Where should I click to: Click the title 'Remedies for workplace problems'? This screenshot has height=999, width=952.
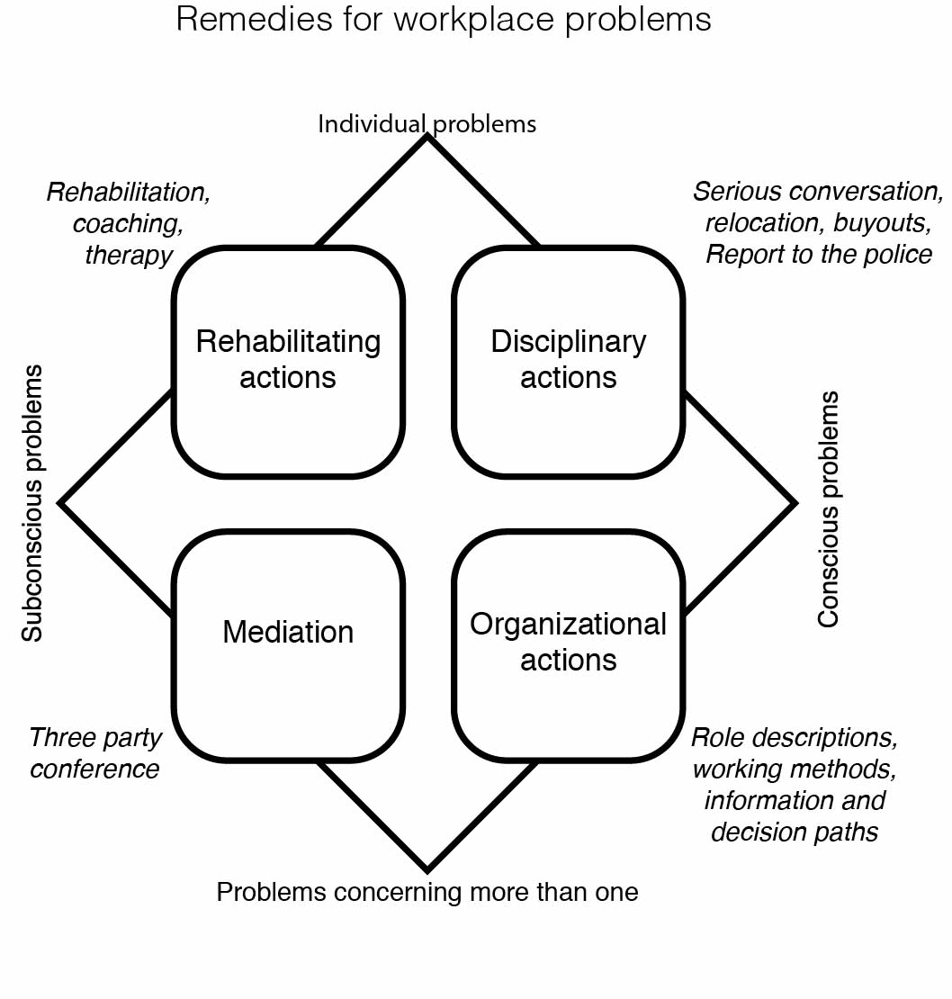(444, 20)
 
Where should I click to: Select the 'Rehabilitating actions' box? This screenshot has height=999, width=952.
(289, 361)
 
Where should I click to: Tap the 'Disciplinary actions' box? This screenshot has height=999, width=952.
(569, 361)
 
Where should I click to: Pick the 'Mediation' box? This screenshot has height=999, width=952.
(289, 645)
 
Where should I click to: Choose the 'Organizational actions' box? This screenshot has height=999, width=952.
(569, 645)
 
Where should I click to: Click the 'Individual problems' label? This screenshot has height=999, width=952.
(427, 123)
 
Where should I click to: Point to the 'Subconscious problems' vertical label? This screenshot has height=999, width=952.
(31, 503)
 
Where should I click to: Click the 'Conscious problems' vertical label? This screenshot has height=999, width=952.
(828, 509)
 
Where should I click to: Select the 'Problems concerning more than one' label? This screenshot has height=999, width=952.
(427, 892)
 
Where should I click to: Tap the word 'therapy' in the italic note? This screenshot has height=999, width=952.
(130, 255)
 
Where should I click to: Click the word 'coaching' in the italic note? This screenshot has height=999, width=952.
(128, 223)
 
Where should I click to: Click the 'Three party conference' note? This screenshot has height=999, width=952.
(95, 753)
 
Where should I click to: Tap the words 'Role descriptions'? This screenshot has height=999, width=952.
(795, 738)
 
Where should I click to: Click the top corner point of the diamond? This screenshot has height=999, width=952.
(427, 136)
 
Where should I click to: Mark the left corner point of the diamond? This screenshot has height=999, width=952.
(59, 503)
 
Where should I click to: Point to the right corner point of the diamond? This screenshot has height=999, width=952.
(796, 503)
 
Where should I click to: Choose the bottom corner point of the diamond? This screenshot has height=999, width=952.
(427, 871)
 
